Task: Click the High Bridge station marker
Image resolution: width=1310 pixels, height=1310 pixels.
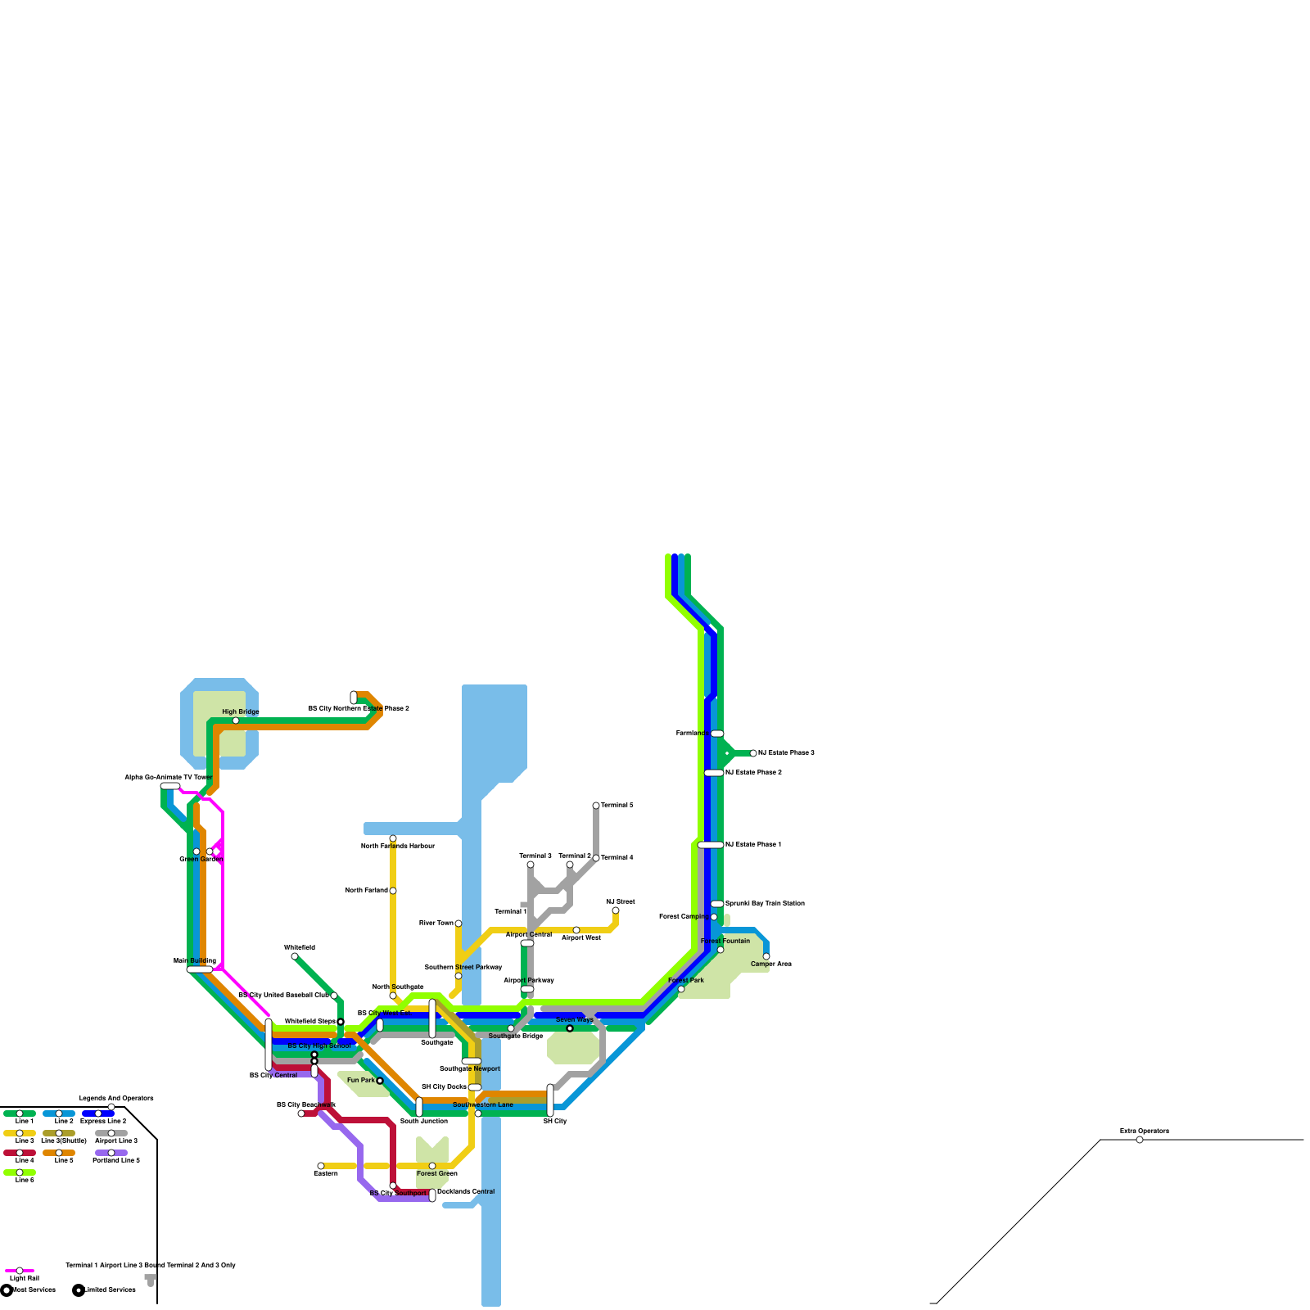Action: click(x=236, y=720)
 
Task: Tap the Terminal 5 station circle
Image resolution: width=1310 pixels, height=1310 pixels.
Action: click(x=596, y=806)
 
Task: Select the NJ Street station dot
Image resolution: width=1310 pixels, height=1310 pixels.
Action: click(x=616, y=910)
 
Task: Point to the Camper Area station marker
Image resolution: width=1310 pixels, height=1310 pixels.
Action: click(x=766, y=956)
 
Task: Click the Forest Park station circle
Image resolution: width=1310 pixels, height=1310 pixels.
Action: click(x=681, y=989)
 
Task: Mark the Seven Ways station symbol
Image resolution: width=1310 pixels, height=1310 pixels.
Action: click(x=570, y=1028)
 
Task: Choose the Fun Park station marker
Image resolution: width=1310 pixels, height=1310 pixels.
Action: click(x=380, y=1081)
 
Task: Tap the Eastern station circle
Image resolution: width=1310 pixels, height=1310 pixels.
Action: click(x=321, y=1166)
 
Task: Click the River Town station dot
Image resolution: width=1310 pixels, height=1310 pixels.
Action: click(x=458, y=924)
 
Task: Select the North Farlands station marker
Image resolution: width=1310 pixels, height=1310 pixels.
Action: click(x=393, y=891)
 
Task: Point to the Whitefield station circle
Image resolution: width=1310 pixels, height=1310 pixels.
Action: click(x=295, y=956)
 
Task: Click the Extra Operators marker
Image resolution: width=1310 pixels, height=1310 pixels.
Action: click(x=1140, y=1140)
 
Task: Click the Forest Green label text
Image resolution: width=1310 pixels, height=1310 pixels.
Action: click(x=437, y=1174)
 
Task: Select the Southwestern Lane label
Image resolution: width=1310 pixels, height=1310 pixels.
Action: click(x=483, y=1105)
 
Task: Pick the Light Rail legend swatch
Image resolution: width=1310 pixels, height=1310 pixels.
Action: click(x=20, y=1271)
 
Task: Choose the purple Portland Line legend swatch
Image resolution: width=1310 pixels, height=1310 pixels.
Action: click(x=111, y=1153)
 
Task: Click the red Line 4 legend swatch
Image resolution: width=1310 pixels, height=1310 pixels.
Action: click(x=20, y=1153)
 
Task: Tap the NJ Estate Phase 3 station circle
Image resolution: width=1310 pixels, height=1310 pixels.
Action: click(x=753, y=753)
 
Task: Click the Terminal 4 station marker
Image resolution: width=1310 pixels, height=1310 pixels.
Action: click(x=596, y=858)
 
